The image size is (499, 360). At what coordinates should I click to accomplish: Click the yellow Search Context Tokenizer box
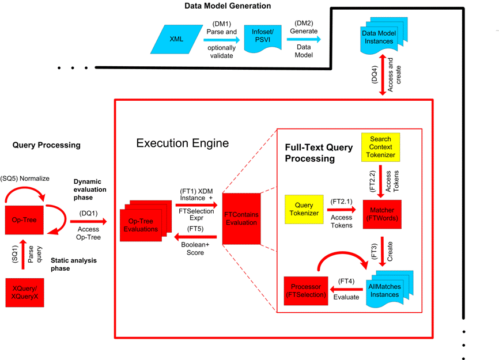pyautogui.click(x=380, y=146)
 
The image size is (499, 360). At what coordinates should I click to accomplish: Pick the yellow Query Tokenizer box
pyautogui.click(x=304, y=209)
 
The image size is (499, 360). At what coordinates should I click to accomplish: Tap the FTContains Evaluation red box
pyautogui.click(x=242, y=219)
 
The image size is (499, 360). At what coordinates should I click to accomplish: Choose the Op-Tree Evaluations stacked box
pyautogui.click(x=141, y=225)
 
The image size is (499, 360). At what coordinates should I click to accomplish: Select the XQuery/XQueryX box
pyautogui.click(x=25, y=295)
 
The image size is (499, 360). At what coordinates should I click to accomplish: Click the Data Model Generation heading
pyautogui.click(x=228, y=6)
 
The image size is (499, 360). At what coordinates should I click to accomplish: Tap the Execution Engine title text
pyautogui.click(x=183, y=143)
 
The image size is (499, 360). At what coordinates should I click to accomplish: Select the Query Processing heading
pyautogui.click(x=47, y=145)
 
